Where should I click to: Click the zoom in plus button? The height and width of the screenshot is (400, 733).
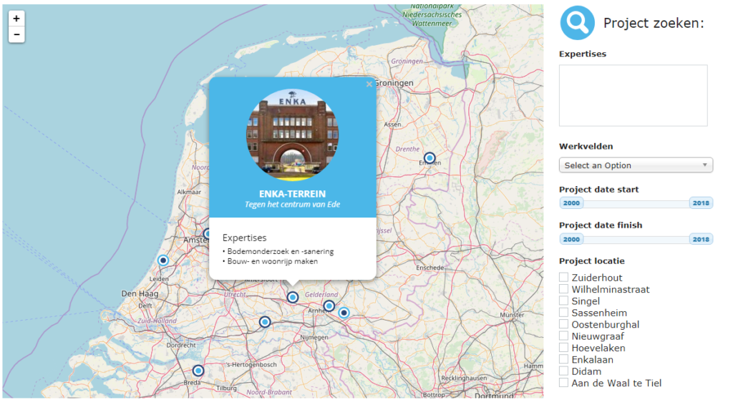pos(16,19)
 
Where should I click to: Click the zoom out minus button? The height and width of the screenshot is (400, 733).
pos(16,34)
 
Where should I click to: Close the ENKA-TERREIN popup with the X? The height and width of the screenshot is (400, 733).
pos(369,84)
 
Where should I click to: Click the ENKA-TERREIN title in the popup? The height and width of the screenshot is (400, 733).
pos(292,194)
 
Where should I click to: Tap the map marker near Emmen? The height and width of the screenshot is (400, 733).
pos(429,158)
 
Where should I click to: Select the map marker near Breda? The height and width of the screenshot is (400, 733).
pos(198,371)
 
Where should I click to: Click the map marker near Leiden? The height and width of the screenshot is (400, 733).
pos(163,261)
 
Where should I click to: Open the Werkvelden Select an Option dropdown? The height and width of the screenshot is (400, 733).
pos(636,165)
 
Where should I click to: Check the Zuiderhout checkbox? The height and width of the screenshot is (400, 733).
pos(564,278)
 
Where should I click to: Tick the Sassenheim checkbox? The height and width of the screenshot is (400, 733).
pos(564,313)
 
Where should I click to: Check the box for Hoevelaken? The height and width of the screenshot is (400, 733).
pos(564,348)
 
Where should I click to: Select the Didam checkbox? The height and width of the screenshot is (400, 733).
pos(564,371)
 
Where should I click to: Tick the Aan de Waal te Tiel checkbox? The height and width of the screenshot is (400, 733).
pos(564,383)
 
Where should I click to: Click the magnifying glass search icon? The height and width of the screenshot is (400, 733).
pos(577,23)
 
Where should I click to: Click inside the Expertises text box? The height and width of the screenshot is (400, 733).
pos(633,95)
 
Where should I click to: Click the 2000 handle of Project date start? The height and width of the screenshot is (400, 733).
pos(571,203)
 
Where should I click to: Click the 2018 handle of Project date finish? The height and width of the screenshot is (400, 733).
pos(701,239)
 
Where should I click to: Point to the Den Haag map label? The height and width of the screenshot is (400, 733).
pos(139,293)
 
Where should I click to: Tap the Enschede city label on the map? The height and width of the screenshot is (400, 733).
pos(430,268)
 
